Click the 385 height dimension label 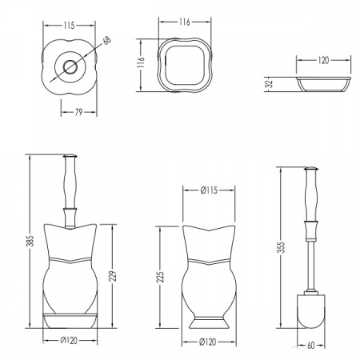coord(31,241)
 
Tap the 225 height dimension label coord(160,277)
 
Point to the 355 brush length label coord(282,247)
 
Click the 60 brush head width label coord(311,346)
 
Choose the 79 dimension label coord(78,112)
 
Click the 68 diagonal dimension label coord(107,41)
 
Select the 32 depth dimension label coord(270,84)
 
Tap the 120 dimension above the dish coord(323,60)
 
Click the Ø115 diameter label coord(209,190)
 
